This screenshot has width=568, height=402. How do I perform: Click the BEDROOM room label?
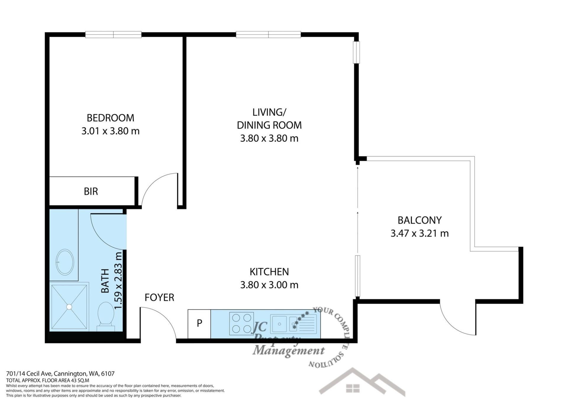tap(110, 118)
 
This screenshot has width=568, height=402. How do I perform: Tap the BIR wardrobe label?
tap(91, 191)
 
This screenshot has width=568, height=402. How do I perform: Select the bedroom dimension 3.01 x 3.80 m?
tap(110, 131)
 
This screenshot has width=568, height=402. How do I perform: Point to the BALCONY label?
tap(419, 220)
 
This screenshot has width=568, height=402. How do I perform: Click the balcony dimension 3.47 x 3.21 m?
tap(419, 233)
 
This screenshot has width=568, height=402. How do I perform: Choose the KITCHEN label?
tap(269, 272)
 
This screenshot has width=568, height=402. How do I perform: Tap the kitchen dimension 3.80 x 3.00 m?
tap(269, 285)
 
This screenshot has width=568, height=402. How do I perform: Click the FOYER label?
tap(159, 297)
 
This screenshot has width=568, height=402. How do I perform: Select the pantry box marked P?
tap(199, 324)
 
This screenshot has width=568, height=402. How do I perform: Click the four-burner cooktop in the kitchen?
tap(241, 323)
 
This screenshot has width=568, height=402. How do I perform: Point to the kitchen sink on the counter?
tap(294, 323)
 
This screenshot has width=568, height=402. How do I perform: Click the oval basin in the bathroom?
tap(65, 262)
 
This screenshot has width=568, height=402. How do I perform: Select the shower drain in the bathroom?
tap(69, 307)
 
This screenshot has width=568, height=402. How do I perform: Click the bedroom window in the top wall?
tap(113, 35)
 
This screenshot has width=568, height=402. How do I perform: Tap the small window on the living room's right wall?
tap(356, 52)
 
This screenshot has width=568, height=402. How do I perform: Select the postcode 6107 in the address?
tap(108, 374)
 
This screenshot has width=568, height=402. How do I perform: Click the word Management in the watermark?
tap(288, 351)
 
